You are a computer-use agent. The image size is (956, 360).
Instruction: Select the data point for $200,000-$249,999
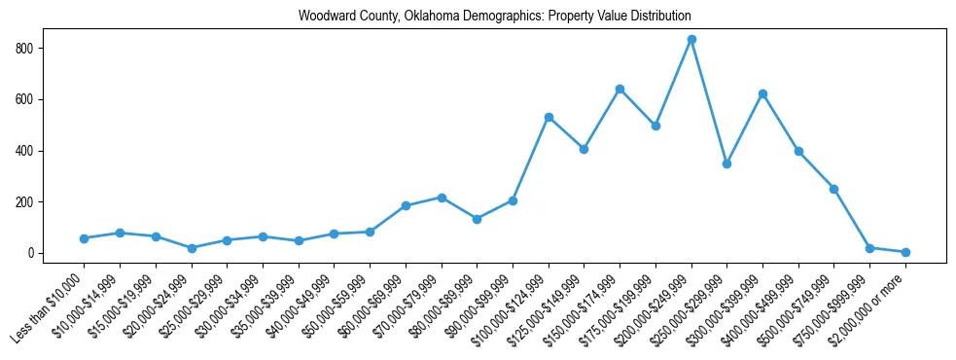(691, 40)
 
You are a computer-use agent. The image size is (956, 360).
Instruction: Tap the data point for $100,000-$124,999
(549, 118)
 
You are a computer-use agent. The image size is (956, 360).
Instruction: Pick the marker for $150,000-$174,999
(620, 90)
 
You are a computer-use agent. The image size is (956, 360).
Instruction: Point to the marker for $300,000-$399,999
(762, 94)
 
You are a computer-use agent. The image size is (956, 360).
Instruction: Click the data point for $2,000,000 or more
(905, 252)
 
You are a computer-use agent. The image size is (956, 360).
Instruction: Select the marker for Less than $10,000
(85, 238)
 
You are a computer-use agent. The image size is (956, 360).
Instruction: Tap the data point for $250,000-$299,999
(726, 163)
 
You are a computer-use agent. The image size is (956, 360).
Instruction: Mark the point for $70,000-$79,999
(442, 198)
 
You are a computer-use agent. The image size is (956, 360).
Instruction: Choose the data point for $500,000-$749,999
(833, 189)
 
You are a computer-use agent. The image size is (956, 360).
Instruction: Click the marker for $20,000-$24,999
(192, 248)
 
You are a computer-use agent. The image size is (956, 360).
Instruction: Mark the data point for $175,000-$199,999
(655, 126)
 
